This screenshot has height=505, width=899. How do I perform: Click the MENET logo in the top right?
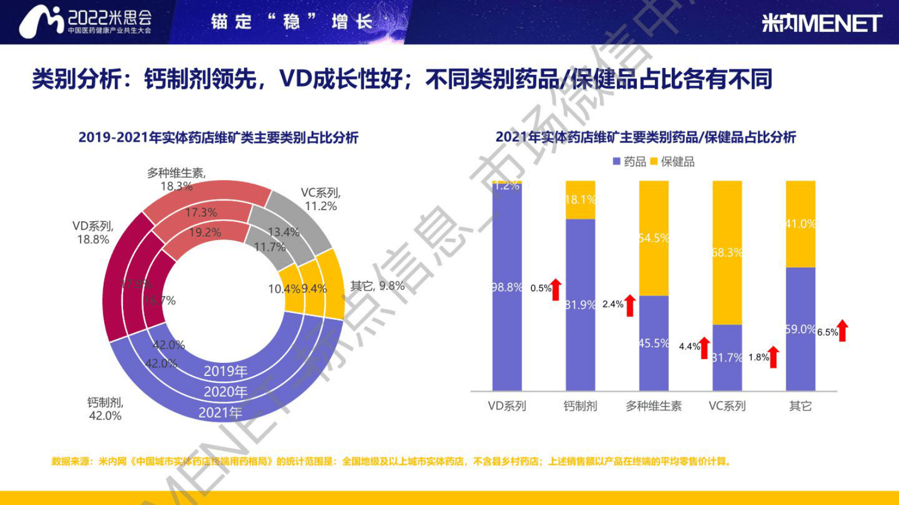click(821, 23)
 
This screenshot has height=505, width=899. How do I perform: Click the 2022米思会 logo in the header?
click(85, 22)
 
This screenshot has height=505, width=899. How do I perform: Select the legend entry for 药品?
click(629, 162)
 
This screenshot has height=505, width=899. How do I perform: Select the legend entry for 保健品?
click(672, 162)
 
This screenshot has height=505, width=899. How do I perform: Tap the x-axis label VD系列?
click(507, 406)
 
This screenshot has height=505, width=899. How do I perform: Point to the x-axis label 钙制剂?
click(580, 406)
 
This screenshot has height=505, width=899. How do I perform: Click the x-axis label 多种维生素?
click(654, 406)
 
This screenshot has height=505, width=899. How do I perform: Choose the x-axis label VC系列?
click(727, 406)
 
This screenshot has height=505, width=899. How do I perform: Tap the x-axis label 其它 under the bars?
click(800, 406)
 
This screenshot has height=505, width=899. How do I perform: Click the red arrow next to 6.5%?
click(843, 331)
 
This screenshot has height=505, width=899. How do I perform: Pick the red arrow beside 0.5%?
click(556, 289)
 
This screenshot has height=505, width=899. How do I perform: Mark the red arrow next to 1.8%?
click(773, 357)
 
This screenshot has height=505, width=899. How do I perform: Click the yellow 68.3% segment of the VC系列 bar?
click(727, 252)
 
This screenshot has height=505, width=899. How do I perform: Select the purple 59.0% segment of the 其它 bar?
click(800, 329)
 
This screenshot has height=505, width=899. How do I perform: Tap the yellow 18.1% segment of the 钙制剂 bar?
click(580, 200)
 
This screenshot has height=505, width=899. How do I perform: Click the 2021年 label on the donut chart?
click(220, 413)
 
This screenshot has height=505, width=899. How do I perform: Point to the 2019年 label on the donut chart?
click(225, 371)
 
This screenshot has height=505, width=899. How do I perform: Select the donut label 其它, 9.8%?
click(377, 286)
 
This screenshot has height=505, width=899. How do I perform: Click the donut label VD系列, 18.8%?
click(93, 233)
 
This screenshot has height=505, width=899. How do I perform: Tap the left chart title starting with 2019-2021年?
click(218, 138)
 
